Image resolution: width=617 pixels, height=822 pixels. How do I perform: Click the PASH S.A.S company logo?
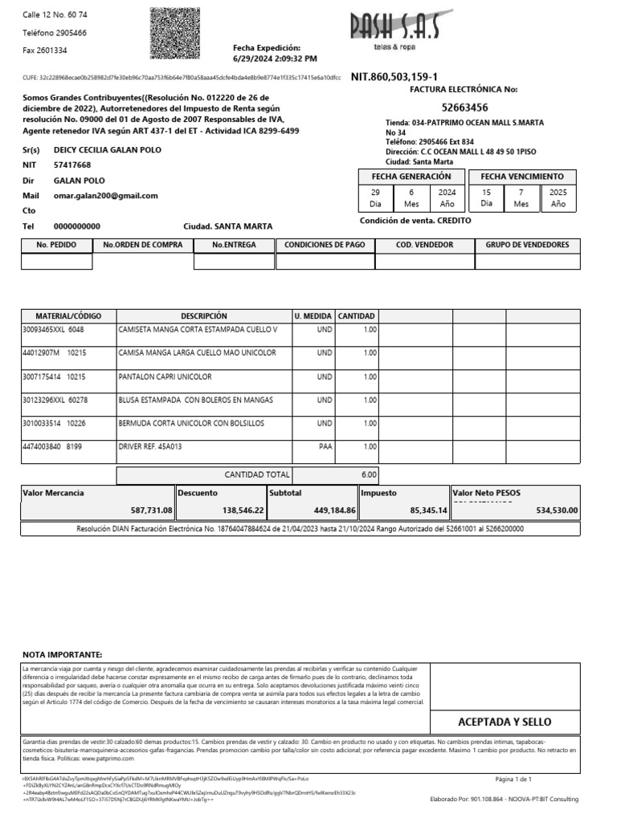click(394, 31)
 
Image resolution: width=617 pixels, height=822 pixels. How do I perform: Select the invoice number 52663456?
click(464, 107)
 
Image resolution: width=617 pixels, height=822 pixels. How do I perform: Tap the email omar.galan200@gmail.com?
click(105, 195)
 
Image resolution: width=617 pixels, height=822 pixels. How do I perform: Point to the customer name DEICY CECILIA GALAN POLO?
click(107, 150)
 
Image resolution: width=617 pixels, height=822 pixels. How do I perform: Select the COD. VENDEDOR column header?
click(424, 245)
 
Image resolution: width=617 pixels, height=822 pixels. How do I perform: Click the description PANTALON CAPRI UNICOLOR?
click(164, 376)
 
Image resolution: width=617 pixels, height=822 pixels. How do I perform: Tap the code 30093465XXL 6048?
click(52, 330)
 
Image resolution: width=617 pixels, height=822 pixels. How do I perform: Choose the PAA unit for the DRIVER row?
click(325, 446)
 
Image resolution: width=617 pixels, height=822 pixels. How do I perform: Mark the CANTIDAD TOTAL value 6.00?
click(369, 474)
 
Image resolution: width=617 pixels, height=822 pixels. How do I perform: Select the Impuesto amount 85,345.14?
click(428, 511)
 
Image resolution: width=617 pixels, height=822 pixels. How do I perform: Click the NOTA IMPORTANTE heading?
click(62, 655)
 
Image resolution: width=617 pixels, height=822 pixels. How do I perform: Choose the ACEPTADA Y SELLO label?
click(505, 722)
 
